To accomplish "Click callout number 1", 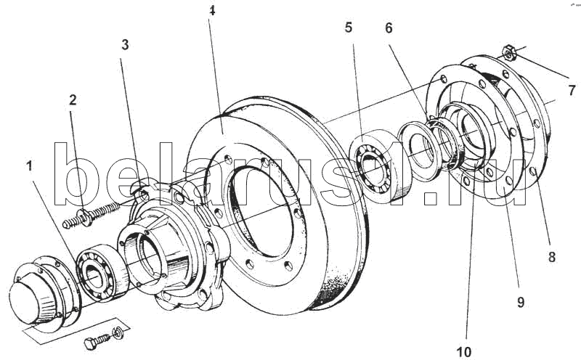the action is [29, 166].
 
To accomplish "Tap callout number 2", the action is [73, 99].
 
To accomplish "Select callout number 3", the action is [125, 45].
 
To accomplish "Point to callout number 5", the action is [349, 28].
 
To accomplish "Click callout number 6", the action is [389, 28].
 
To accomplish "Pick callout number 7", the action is [572, 90].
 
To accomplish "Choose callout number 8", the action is [552, 257].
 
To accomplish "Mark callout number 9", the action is [521, 302].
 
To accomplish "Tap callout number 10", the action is [464, 352].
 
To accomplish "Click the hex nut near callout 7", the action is [509, 52].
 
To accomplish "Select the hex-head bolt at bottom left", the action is [97, 341].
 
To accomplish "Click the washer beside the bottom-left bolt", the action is [118, 332].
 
